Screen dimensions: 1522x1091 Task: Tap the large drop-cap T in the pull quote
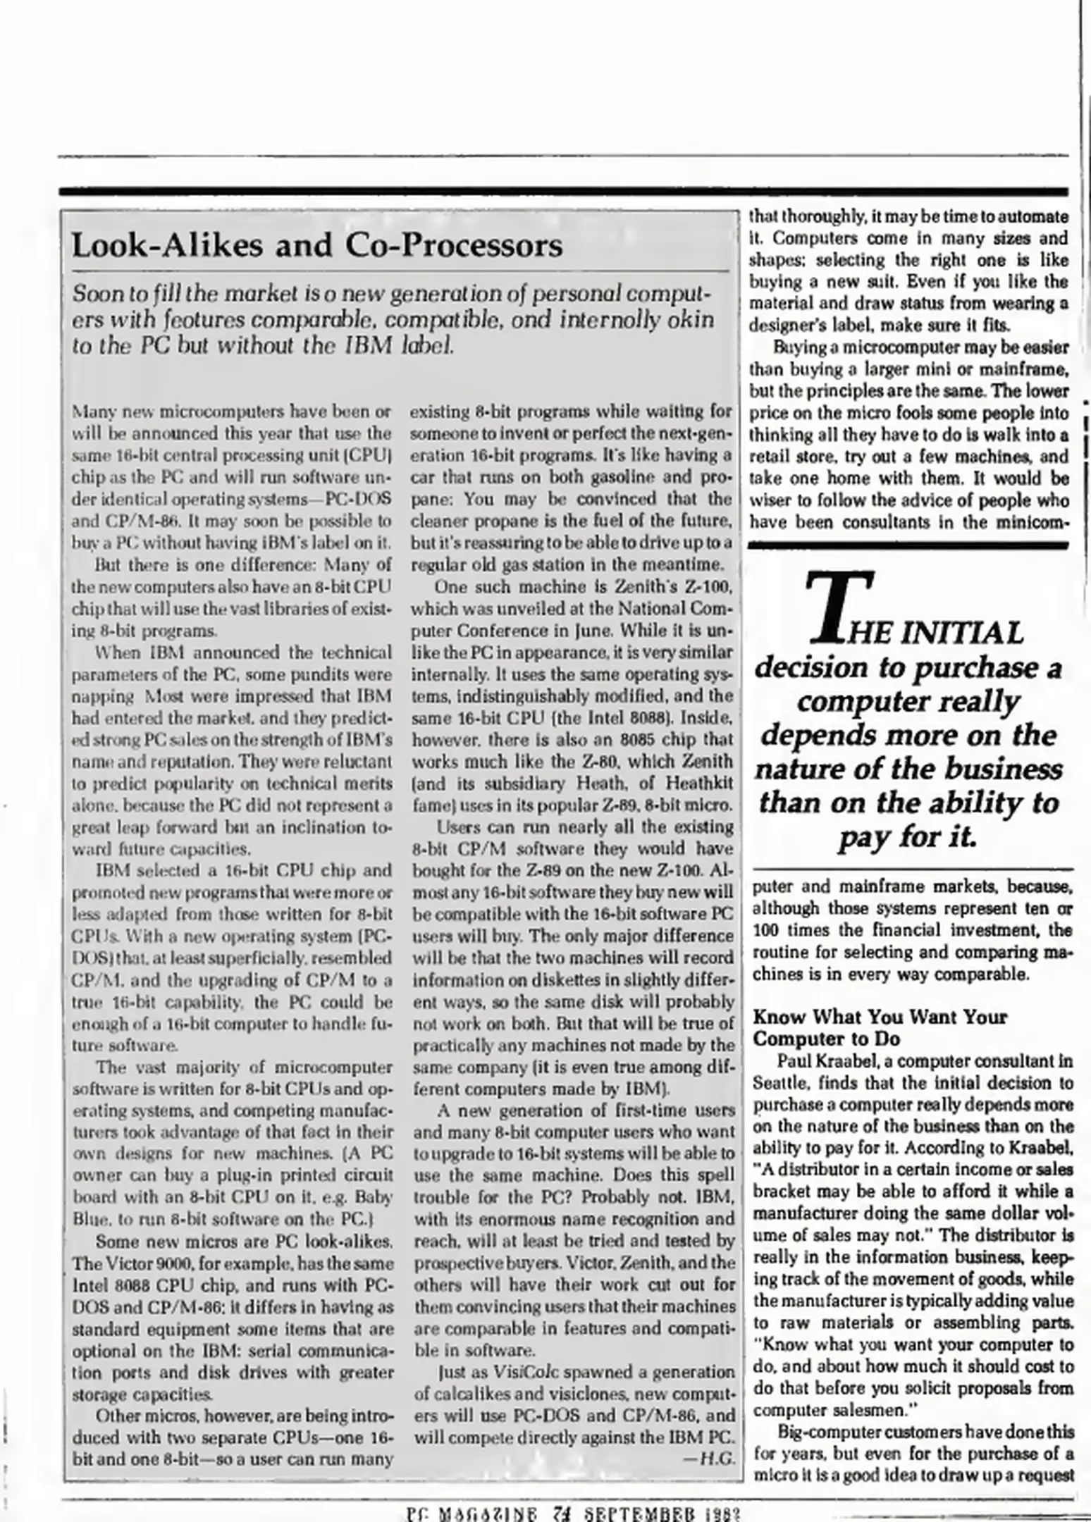[x=842, y=607]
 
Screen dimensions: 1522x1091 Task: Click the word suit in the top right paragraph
[x=882, y=282]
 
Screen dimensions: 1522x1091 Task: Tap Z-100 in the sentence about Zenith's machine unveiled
[x=711, y=587]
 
